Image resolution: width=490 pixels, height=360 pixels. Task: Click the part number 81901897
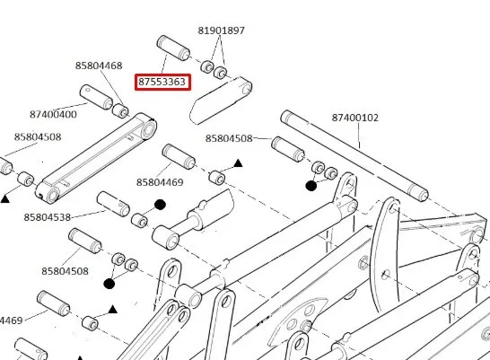pyautogui.click(x=222, y=31)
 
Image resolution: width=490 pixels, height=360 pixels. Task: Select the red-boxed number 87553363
pyautogui.click(x=162, y=82)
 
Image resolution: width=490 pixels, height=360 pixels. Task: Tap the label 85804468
pyautogui.click(x=99, y=66)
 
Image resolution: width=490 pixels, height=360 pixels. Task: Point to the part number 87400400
pyautogui.click(x=53, y=114)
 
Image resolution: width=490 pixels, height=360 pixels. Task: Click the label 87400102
pyautogui.click(x=355, y=118)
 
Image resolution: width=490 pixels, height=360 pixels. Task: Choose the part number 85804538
pyautogui.click(x=48, y=217)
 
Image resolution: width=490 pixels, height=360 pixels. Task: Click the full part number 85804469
pyautogui.click(x=160, y=182)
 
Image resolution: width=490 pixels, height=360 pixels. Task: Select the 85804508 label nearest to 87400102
pyautogui.click(x=229, y=138)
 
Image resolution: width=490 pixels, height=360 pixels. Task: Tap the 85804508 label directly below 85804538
pyautogui.click(x=65, y=271)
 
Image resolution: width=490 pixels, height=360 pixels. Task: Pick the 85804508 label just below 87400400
pyautogui.click(x=38, y=136)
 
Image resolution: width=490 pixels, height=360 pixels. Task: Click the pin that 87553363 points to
pyautogui.click(x=173, y=48)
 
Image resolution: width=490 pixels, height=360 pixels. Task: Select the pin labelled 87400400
pyautogui.click(x=96, y=97)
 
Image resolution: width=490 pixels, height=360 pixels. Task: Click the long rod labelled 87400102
pyautogui.click(x=354, y=156)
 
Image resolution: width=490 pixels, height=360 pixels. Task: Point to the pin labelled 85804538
pyautogui.click(x=113, y=204)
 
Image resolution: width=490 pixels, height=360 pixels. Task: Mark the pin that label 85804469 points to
pyautogui.click(x=179, y=157)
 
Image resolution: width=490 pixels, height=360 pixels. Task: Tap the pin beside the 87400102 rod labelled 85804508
pyautogui.click(x=288, y=149)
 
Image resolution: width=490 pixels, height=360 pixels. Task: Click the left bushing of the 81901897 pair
pyautogui.click(x=207, y=66)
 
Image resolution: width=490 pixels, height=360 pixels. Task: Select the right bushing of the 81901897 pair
pyautogui.click(x=220, y=73)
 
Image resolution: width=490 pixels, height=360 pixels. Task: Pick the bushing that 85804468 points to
pyautogui.click(x=120, y=111)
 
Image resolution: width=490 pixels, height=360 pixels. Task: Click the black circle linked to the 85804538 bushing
pyautogui.click(x=160, y=205)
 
